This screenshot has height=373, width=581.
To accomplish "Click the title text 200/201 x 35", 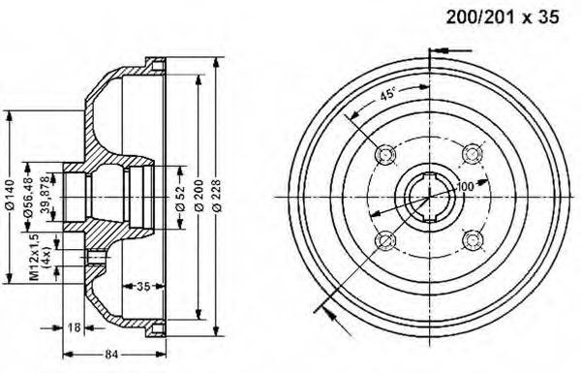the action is tap(503, 17).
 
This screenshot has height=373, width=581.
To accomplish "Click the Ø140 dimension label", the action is tap(10, 195).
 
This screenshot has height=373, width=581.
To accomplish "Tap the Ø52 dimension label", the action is tap(180, 199).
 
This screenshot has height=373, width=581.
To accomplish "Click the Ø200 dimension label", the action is tap(199, 196).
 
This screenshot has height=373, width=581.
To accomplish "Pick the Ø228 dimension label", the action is tap(216, 196).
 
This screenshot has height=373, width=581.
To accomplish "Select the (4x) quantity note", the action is tap(47, 257).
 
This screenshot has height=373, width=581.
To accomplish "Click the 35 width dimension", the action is tap(143, 286).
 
